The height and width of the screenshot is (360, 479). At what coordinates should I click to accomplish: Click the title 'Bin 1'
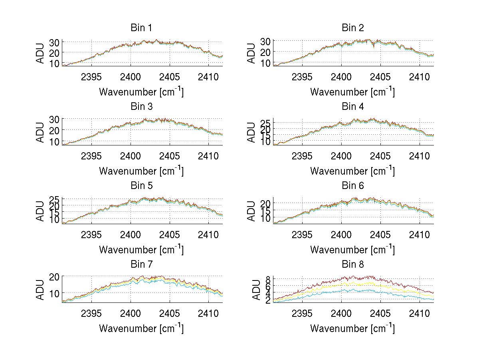(141, 28)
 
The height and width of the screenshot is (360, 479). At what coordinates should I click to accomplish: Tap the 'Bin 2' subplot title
(353, 28)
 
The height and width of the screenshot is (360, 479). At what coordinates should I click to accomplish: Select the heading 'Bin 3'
(141, 107)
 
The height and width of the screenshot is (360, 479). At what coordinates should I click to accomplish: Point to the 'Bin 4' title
(353, 107)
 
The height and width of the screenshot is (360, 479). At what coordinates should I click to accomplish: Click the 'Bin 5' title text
(141, 186)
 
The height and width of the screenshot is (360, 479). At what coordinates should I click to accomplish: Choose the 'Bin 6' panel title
(353, 186)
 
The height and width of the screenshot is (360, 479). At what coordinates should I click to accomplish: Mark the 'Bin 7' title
(141, 265)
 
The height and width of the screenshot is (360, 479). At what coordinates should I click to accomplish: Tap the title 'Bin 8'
(353, 265)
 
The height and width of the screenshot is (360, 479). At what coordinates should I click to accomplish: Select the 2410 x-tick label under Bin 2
(420, 77)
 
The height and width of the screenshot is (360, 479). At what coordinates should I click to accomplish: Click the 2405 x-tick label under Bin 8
(380, 313)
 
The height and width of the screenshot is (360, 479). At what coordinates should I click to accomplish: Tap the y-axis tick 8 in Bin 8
(268, 279)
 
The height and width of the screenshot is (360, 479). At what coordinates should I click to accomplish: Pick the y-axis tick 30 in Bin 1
(54, 42)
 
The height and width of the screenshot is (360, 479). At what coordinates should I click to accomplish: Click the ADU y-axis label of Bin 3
(41, 131)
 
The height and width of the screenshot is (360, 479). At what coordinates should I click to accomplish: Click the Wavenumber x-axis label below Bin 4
(352, 171)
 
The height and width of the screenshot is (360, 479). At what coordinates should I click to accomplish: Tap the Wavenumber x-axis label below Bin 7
(141, 328)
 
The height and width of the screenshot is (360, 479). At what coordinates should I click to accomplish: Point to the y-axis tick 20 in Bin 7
(54, 276)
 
